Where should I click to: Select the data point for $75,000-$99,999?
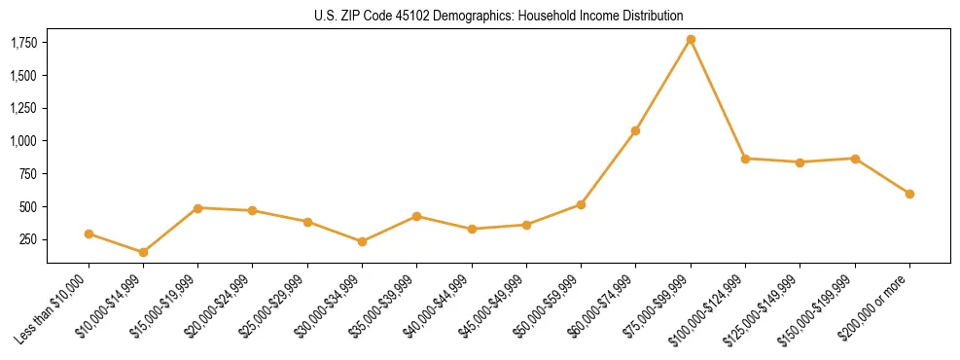click(x=691, y=40)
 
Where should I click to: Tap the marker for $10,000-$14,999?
click(x=143, y=252)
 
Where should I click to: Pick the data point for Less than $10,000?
click(x=89, y=234)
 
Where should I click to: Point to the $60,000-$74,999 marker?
click(x=635, y=130)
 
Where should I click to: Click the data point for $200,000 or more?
click(x=909, y=194)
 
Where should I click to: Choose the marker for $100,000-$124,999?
click(x=745, y=159)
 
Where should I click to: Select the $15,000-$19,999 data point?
click(x=197, y=208)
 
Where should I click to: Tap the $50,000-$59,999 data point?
click(x=581, y=204)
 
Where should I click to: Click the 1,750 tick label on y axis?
click(x=24, y=43)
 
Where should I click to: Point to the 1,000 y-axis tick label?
click(x=24, y=141)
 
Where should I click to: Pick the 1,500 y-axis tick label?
click(x=24, y=76)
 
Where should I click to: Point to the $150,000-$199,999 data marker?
click(x=855, y=159)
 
